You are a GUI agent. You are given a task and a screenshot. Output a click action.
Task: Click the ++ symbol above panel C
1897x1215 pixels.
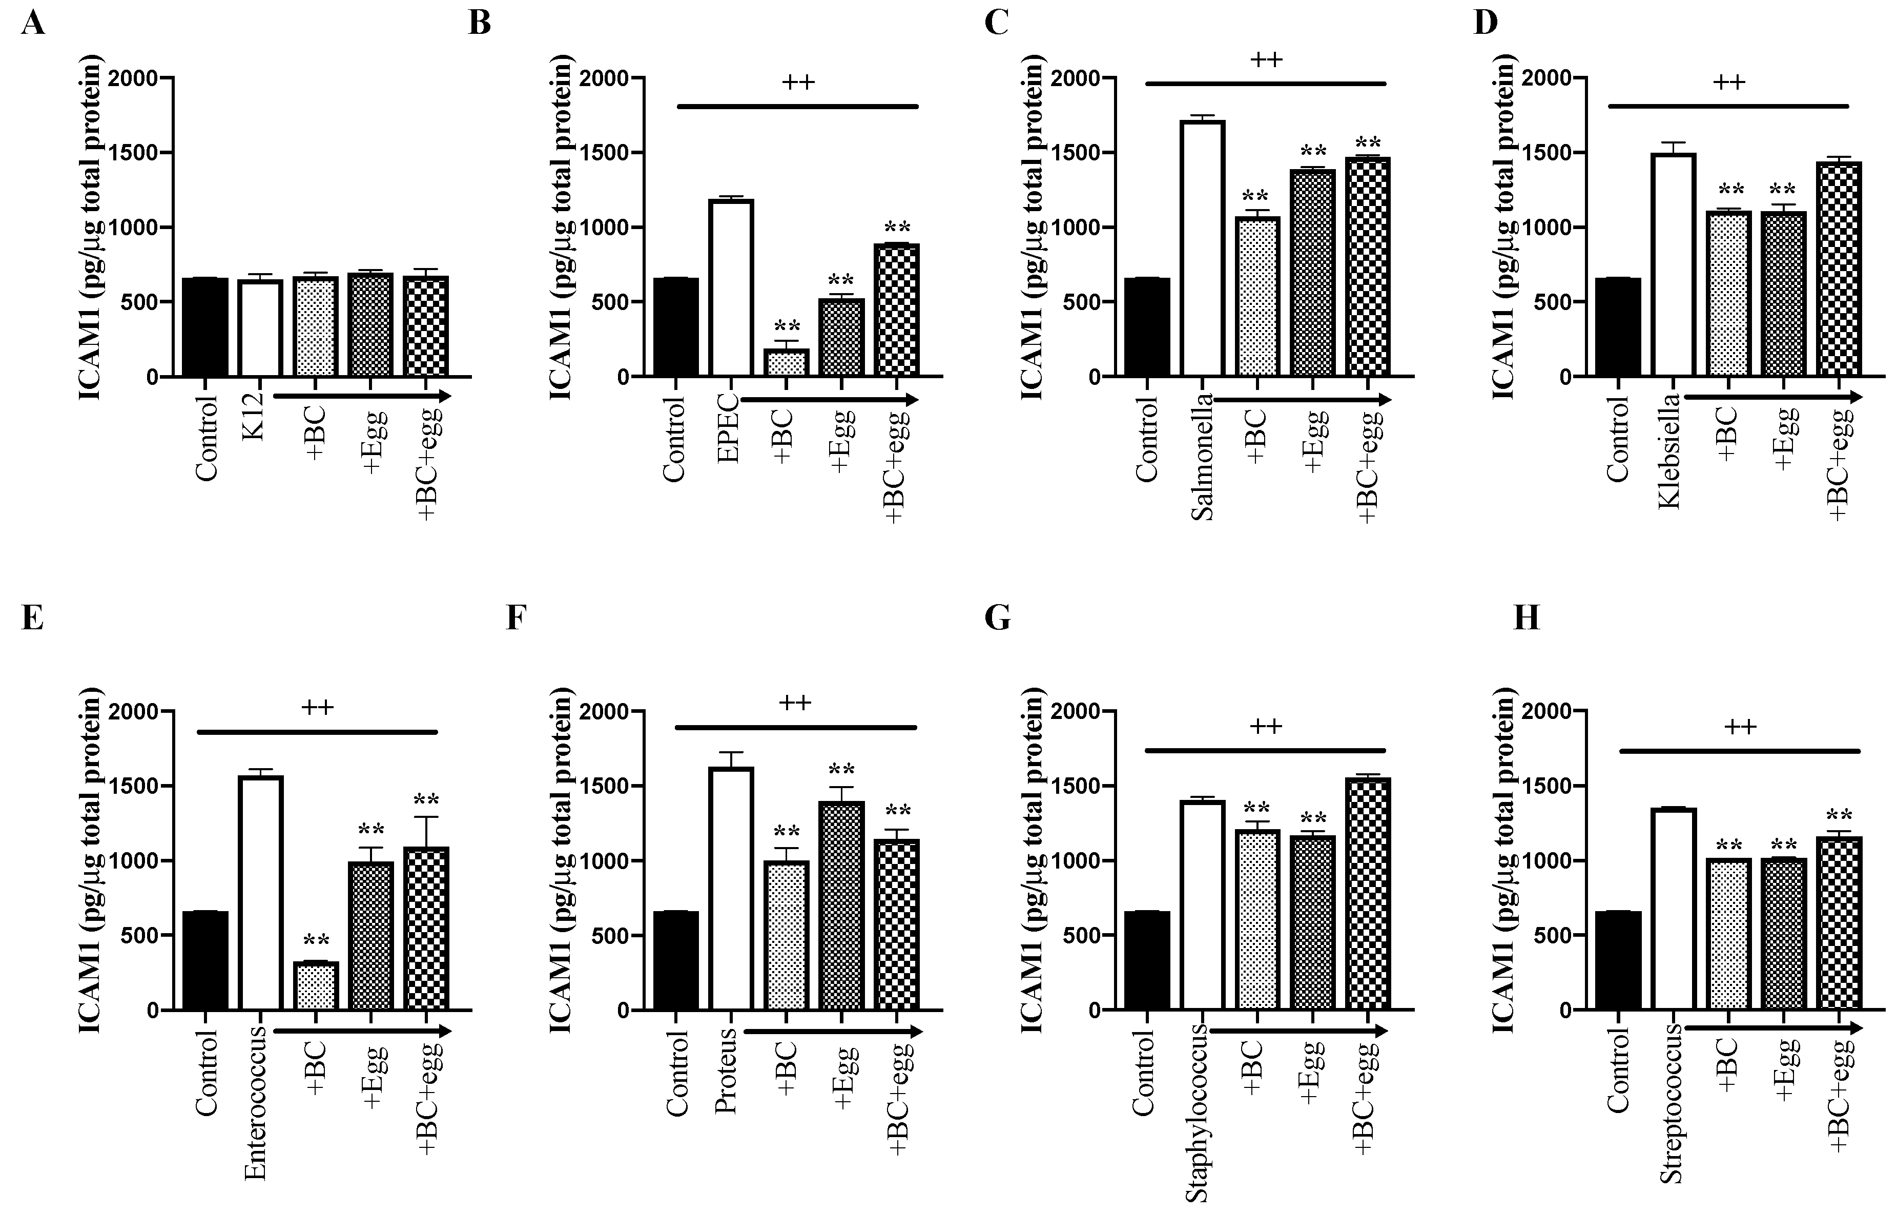1266,59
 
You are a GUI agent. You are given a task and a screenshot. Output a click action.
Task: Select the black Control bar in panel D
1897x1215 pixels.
1618,327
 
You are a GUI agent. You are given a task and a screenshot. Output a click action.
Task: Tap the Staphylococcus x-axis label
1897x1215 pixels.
1198,1113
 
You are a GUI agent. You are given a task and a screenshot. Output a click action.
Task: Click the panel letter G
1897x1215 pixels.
997,619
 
